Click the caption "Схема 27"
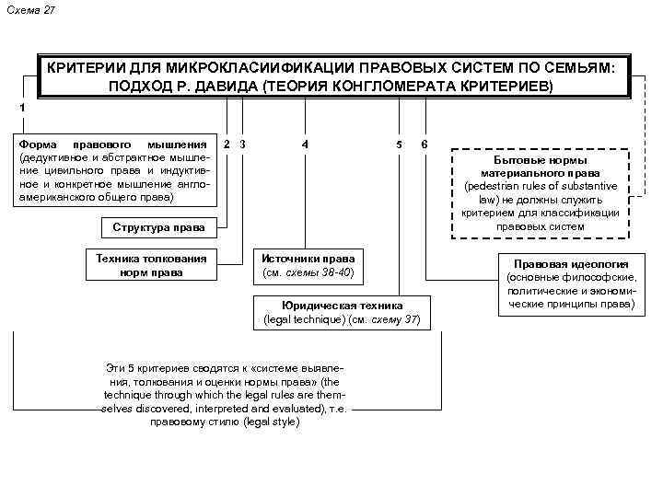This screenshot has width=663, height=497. pos(30,8)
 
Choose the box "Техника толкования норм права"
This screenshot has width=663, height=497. pos(152,264)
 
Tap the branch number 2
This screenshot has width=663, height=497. pos(227,144)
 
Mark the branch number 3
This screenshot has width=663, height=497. pos(241,144)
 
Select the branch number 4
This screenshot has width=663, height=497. pos(305,144)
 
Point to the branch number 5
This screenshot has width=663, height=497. pos(399,144)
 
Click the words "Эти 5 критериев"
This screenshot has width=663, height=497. pos(151,367)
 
